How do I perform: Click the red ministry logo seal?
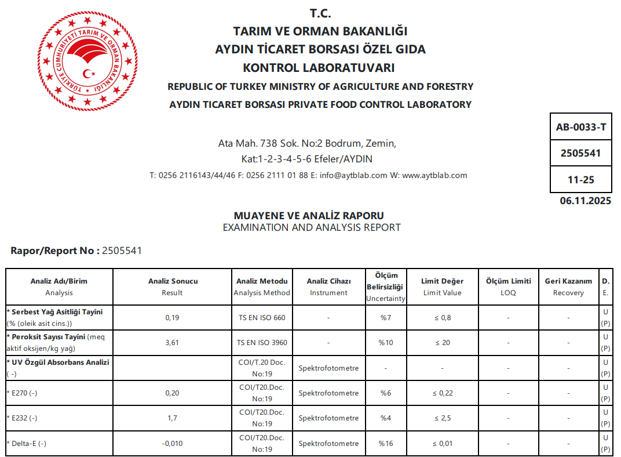point(88,61)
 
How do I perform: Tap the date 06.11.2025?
point(585,201)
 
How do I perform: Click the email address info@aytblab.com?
point(353,175)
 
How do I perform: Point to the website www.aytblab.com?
point(434,175)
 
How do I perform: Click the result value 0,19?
point(172,318)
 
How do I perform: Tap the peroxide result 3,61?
point(172,343)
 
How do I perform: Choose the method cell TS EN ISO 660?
point(262,318)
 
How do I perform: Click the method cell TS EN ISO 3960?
point(262,343)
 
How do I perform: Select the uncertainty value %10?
point(386,343)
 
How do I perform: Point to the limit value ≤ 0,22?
point(443,393)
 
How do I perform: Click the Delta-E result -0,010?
point(172,444)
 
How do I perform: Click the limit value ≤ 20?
point(443,343)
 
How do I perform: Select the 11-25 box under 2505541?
point(580,180)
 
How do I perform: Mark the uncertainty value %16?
point(386,444)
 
